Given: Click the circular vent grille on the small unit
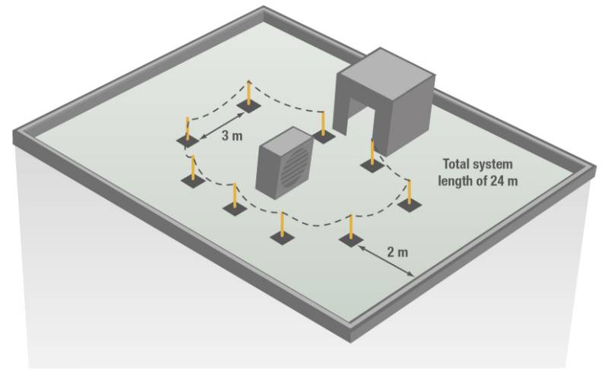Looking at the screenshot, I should pos(293,167).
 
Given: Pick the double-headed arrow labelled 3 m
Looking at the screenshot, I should pos(221,124).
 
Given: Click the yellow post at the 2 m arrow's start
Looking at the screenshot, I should pos(350,227).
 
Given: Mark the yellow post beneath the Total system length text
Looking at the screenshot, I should pos(410,191).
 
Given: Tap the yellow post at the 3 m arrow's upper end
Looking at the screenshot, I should pos(249,94).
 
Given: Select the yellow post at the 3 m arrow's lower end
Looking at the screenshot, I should pos(187,129).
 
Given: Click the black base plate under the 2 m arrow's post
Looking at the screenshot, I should pos(350,241).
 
